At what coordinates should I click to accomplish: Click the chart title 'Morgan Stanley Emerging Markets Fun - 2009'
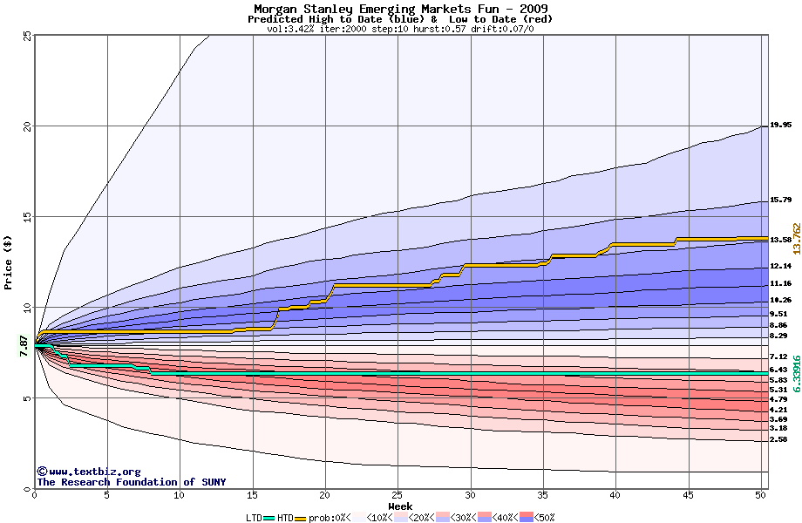400,8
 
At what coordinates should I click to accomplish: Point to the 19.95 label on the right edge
780,125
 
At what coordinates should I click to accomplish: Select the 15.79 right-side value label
780,200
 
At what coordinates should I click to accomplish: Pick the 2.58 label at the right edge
778,440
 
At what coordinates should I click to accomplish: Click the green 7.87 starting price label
24,345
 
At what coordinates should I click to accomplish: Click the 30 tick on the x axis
470,495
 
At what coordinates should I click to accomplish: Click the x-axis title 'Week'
400,506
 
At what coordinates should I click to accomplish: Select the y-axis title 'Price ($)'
8,262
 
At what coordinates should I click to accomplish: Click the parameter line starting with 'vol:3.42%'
400,28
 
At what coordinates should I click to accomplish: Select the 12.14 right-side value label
780,267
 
